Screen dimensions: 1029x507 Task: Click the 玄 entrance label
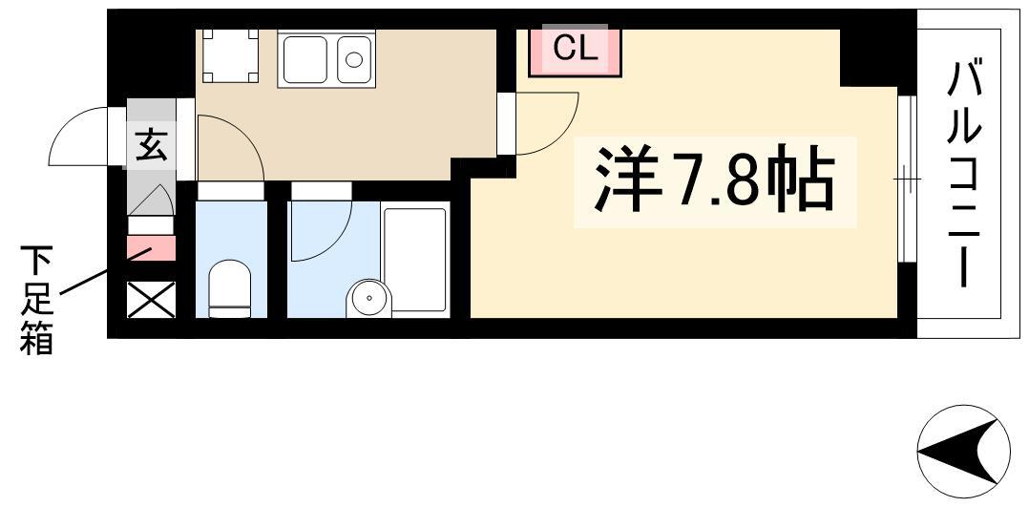[x=151, y=145]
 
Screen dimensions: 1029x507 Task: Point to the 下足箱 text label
[x=36, y=300]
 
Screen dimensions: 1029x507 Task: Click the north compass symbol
[x=963, y=452]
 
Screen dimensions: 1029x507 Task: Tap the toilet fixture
[x=230, y=289]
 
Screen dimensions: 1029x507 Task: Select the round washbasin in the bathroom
[x=368, y=299]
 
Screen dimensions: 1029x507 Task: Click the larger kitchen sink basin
[x=305, y=60]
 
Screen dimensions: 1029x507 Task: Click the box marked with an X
[x=151, y=300]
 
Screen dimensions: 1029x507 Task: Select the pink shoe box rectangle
[x=151, y=249]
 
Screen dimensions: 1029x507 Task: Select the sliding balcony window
[x=906, y=178]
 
